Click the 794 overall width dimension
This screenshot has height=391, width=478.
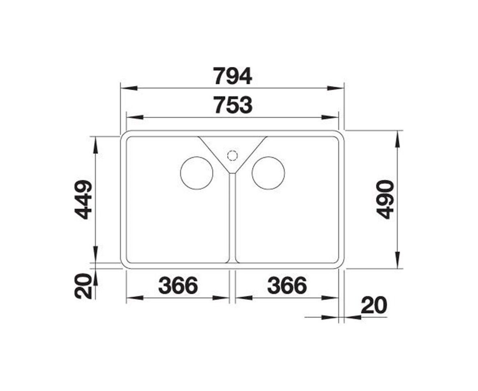click(232, 76)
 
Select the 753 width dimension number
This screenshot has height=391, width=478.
click(233, 105)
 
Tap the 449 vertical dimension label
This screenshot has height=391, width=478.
click(84, 200)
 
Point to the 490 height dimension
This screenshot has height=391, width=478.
click(385, 200)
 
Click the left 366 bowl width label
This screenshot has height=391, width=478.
click(179, 286)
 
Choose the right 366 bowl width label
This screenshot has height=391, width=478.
click(287, 286)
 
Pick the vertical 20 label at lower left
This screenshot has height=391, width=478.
click(83, 286)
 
